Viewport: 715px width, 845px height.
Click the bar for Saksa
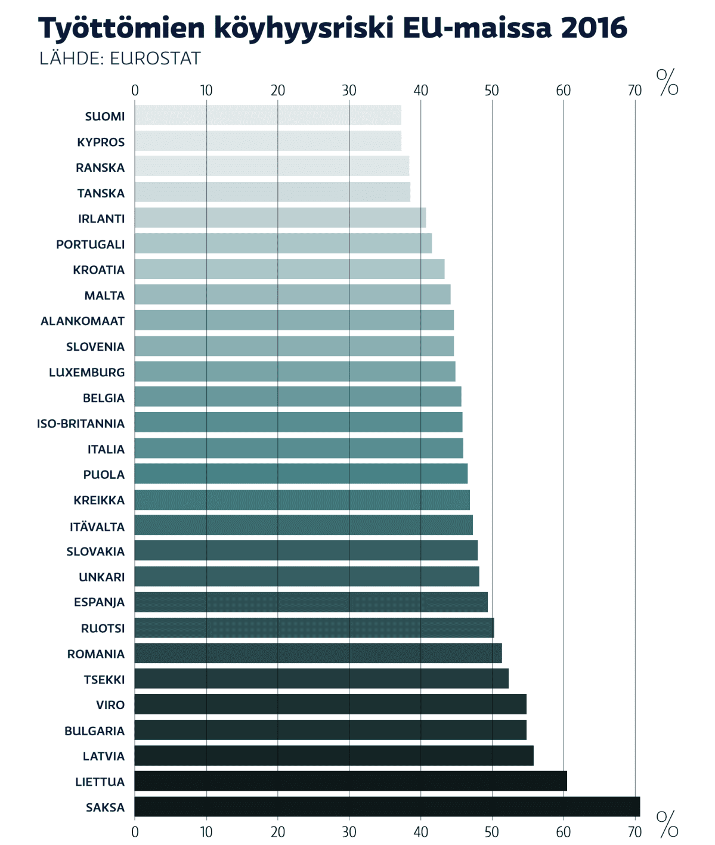coord(387,807)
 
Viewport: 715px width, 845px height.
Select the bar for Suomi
coord(268,116)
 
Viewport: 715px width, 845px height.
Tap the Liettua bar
coord(351,781)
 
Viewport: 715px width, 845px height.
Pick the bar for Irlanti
coord(280,218)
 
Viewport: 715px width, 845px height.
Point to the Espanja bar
coord(311,602)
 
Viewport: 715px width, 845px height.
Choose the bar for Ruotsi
coord(314,628)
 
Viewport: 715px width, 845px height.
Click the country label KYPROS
coord(101,142)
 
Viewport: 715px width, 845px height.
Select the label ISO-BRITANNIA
coord(81,423)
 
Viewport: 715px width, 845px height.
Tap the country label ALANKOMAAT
coord(83,321)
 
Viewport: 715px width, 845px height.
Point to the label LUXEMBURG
coord(87,372)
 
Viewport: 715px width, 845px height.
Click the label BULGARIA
coord(95,731)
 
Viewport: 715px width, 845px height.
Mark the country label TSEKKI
coord(104,679)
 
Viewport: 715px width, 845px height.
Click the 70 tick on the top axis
coord(635,90)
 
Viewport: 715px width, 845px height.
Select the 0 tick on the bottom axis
coord(135,831)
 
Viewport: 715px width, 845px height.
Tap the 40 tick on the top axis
coord(421,90)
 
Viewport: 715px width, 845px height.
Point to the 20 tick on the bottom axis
coord(278,831)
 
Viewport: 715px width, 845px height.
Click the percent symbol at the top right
coord(667,82)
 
